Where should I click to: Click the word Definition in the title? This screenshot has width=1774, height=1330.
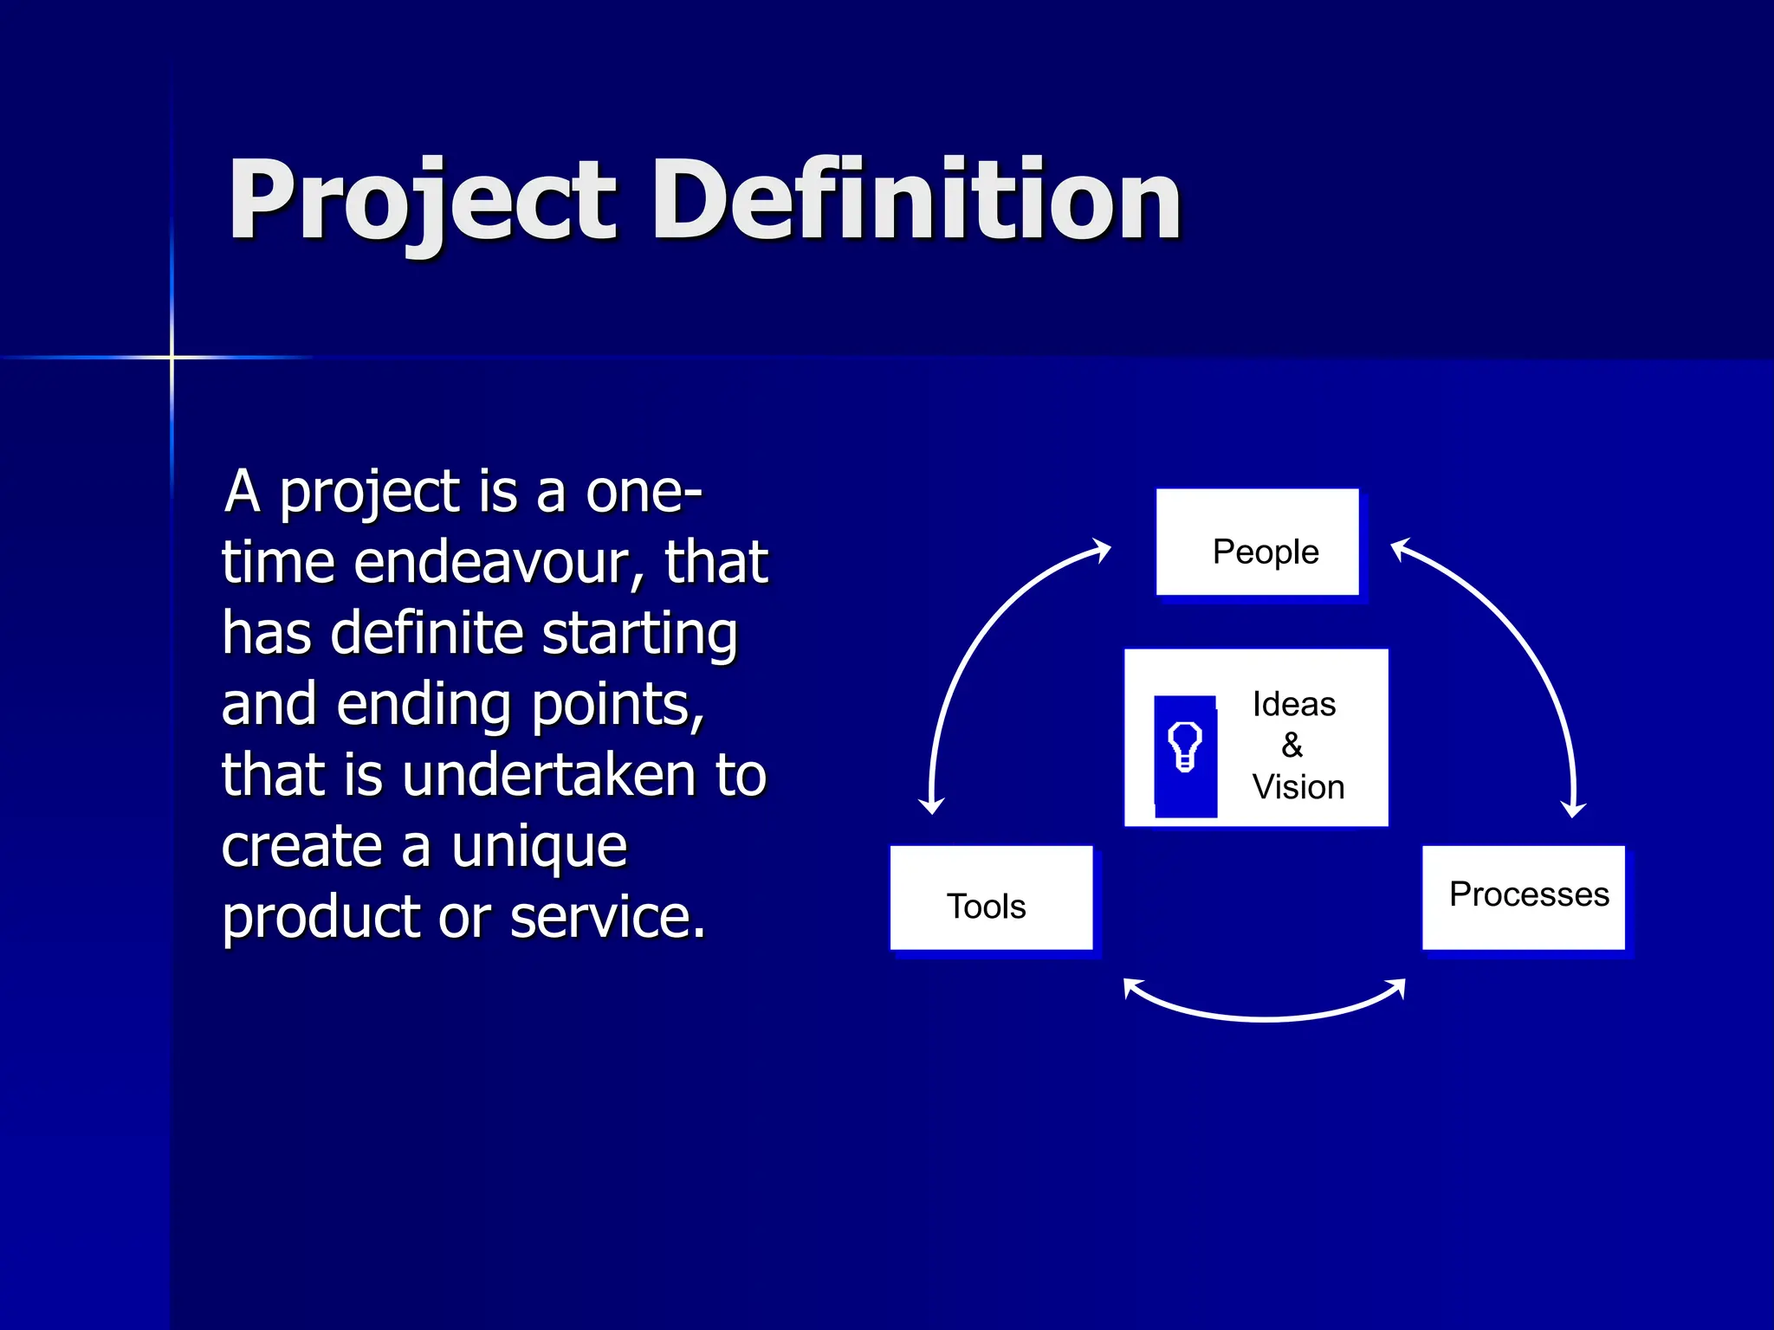coord(916,201)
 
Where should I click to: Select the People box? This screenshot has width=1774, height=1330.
coord(1257,543)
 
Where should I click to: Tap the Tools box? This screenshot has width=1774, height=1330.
coord(991,899)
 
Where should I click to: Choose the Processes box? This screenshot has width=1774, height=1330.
coord(1524,898)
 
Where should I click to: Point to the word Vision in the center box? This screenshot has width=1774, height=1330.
coord(1298,787)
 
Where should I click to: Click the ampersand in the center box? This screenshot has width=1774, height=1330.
coord(1292,746)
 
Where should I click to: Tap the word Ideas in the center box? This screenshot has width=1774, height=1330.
coord(1293,704)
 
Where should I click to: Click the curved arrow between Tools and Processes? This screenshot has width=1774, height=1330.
coord(1265,1017)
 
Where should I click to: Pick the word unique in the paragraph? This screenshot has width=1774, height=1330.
coord(539,847)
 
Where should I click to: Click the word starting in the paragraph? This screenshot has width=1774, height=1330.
coord(639,634)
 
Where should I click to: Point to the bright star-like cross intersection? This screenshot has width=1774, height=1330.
coord(172,357)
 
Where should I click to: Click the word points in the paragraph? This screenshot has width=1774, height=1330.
coord(617,706)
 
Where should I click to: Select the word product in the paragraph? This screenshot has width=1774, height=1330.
coord(321,919)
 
